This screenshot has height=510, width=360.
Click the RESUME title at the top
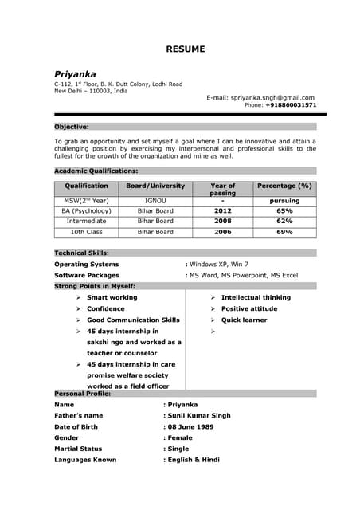click(185, 49)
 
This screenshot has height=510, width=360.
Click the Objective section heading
click(72, 127)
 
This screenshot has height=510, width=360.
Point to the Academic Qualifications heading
click(96, 171)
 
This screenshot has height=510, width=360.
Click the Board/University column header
click(155, 186)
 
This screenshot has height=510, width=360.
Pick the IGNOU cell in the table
click(155, 201)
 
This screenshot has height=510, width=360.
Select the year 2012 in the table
click(222, 211)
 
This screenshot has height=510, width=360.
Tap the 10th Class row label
click(87, 232)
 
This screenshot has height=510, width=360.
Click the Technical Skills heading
click(85, 253)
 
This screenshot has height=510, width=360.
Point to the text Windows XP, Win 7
click(219, 264)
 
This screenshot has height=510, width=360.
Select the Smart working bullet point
click(112, 297)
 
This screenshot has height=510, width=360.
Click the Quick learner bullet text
click(244, 320)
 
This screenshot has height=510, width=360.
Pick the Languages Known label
click(85, 460)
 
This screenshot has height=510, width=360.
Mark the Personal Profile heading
click(83, 394)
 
